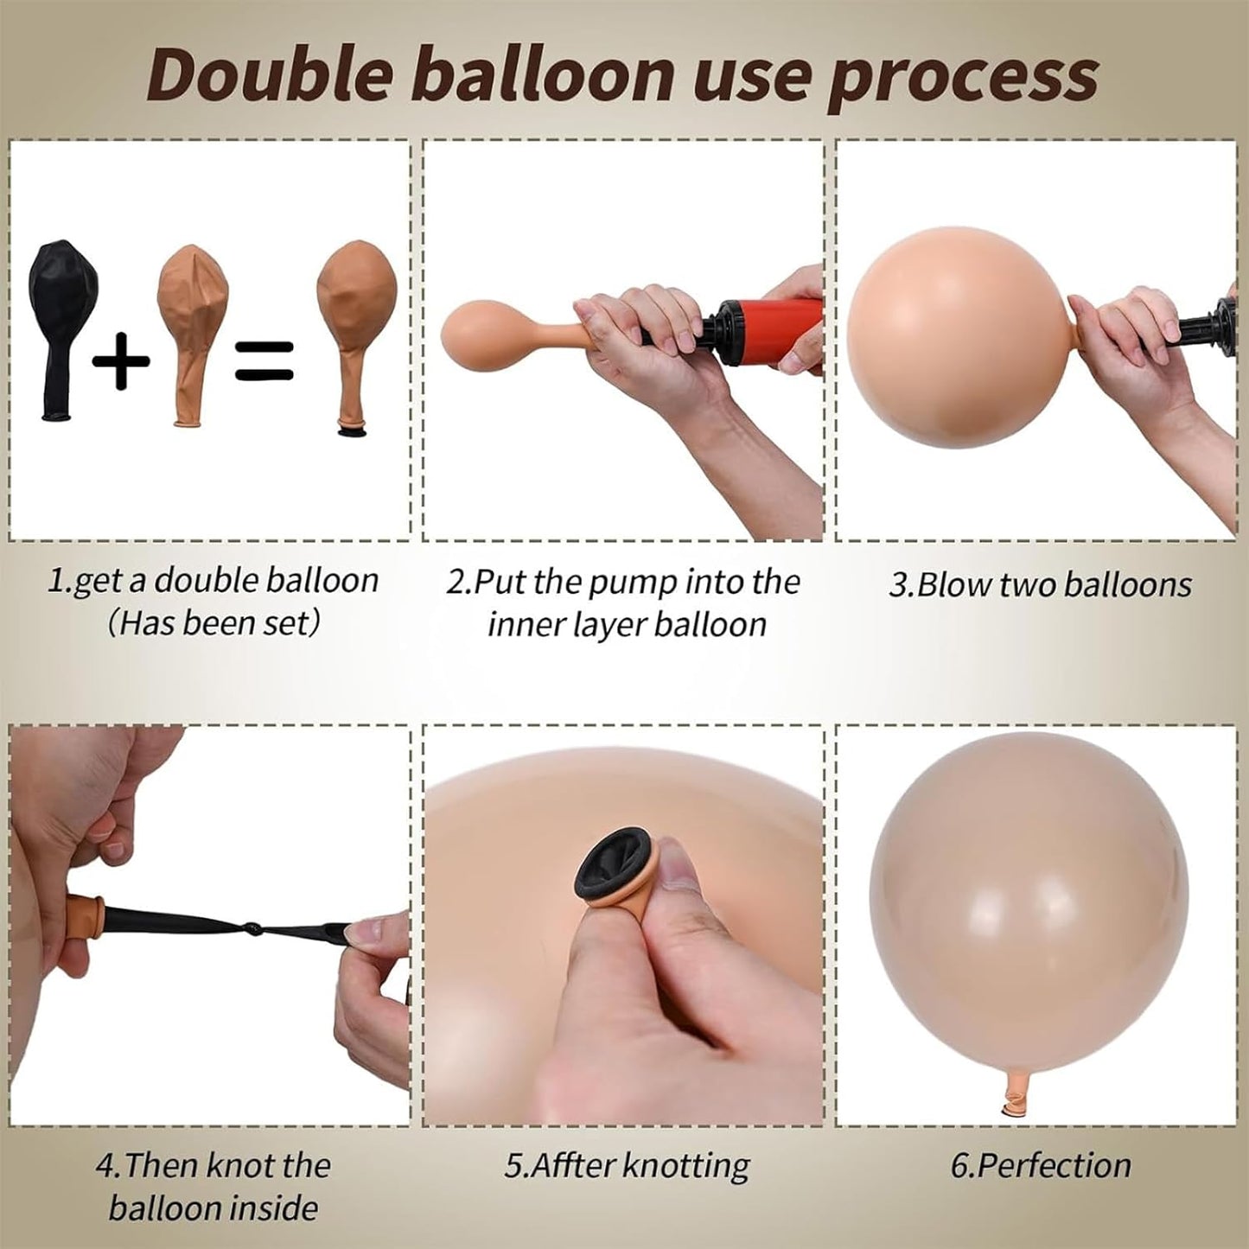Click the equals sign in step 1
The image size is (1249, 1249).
(x=264, y=362)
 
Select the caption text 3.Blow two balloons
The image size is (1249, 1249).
(x=1040, y=585)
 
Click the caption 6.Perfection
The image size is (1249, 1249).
(x=1041, y=1166)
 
